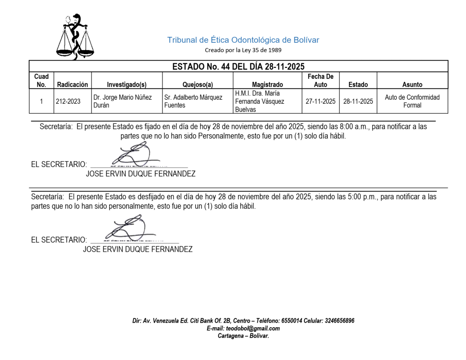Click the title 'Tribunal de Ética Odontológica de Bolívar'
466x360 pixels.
click(x=243, y=40)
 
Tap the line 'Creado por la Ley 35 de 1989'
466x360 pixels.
click(x=243, y=50)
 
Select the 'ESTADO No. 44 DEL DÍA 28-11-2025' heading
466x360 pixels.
click(x=238, y=67)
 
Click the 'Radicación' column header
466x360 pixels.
click(x=72, y=84)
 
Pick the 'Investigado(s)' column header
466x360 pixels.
click(x=127, y=84)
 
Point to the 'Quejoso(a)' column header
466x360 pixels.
click(x=198, y=84)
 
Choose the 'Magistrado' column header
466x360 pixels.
click(x=267, y=84)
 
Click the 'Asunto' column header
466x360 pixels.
click(x=412, y=84)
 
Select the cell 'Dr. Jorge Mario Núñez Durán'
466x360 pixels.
click(x=122, y=101)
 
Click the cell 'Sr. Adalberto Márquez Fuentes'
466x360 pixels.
click(x=193, y=101)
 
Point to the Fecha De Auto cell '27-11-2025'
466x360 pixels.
click(x=320, y=101)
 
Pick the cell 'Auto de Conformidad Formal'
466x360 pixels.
click(x=412, y=101)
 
